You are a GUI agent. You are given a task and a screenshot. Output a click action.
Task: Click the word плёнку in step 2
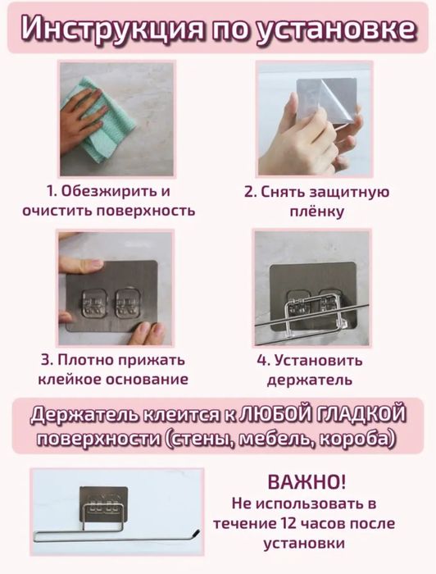point(316,212)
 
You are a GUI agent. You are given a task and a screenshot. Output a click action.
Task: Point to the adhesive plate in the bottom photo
point(107,504)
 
